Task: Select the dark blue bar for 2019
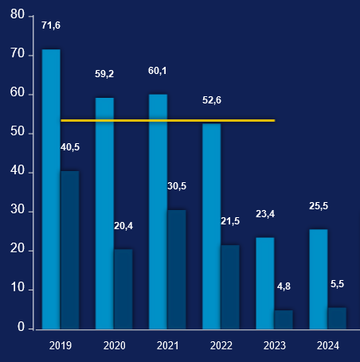coord(70,250)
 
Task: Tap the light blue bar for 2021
coord(158,212)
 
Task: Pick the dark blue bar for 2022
coord(230,286)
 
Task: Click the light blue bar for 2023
coord(264,283)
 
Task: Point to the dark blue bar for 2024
coord(337,318)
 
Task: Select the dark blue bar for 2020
coord(123,289)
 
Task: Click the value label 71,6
coord(51,25)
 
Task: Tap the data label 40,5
coord(70,147)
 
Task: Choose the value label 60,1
coord(158,71)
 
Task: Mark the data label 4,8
coord(284,286)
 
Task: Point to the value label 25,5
coord(319,206)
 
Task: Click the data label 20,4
coord(123,226)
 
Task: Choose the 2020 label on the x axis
coord(114,346)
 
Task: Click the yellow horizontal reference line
coord(167,121)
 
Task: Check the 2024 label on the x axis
coord(327,346)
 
